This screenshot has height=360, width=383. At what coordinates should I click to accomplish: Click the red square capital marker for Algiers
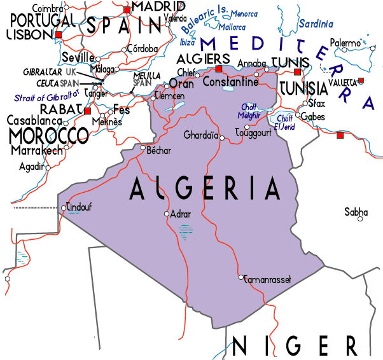coord(219,69)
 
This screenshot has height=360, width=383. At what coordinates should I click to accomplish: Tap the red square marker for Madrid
coord(127,10)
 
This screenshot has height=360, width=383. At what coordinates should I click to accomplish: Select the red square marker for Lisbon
coord(59,34)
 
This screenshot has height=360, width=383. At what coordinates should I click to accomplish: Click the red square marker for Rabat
coord(87,111)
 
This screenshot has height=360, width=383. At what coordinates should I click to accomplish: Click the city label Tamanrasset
coord(267,278)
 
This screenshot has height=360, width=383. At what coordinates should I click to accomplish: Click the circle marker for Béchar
coord(143,148)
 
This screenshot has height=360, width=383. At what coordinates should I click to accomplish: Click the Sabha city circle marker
coord(360,219)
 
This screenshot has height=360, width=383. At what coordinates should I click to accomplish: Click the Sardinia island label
coord(316,24)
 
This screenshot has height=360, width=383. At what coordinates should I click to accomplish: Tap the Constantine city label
coord(230,82)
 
